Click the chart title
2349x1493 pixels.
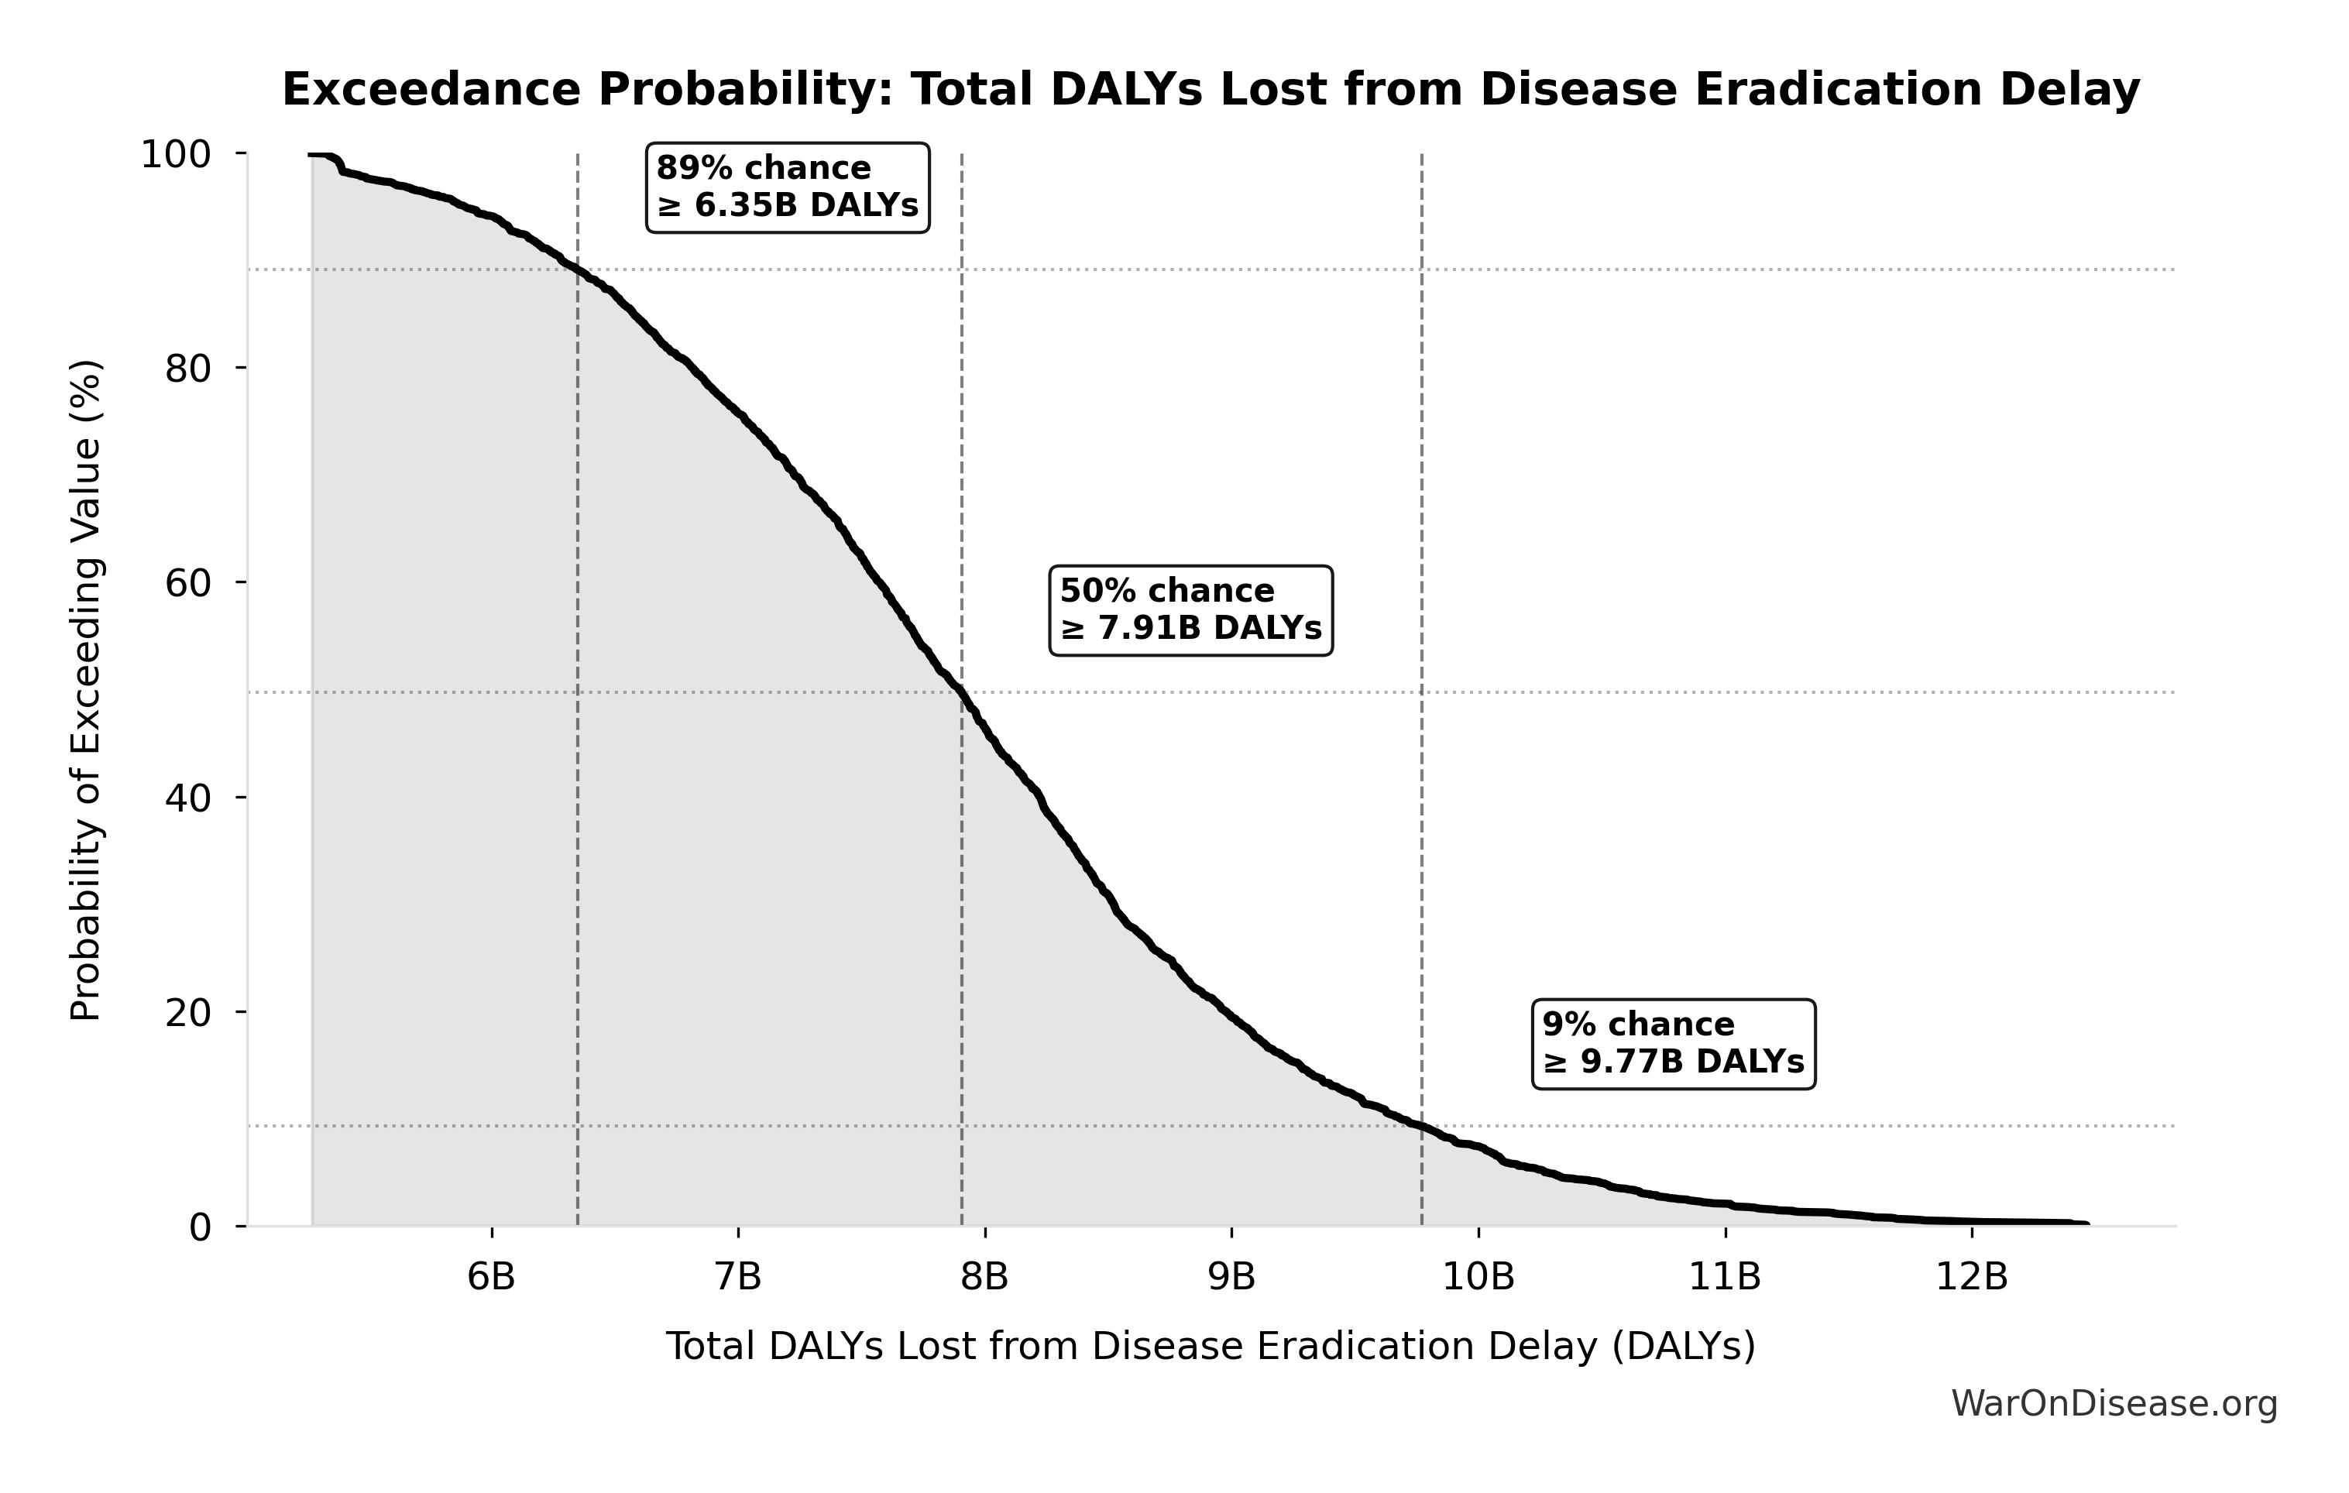pyautogui.click(x=1211, y=90)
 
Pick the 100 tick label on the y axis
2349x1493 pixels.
pyautogui.click(x=176, y=154)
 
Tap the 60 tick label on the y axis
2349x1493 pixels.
pyautogui.click(x=187, y=583)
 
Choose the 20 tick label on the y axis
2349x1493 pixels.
pyautogui.click(x=187, y=1013)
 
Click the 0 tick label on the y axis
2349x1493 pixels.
pyautogui.click(x=200, y=1227)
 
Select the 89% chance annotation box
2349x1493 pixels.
pyautogui.click(x=787, y=187)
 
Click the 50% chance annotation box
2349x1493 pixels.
pyautogui.click(x=1190, y=610)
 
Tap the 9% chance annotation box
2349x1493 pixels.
pyautogui.click(x=1673, y=1043)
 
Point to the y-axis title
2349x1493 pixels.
pyautogui.click(x=86, y=691)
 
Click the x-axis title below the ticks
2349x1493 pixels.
pyautogui.click(x=1211, y=1347)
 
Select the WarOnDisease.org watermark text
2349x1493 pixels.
pyautogui.click(x=2114, y=1404)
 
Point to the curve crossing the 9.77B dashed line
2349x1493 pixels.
pyautogui.click(x=1421, y=1127)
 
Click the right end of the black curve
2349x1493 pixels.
pyautogui.click(x=2086, y=1224)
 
